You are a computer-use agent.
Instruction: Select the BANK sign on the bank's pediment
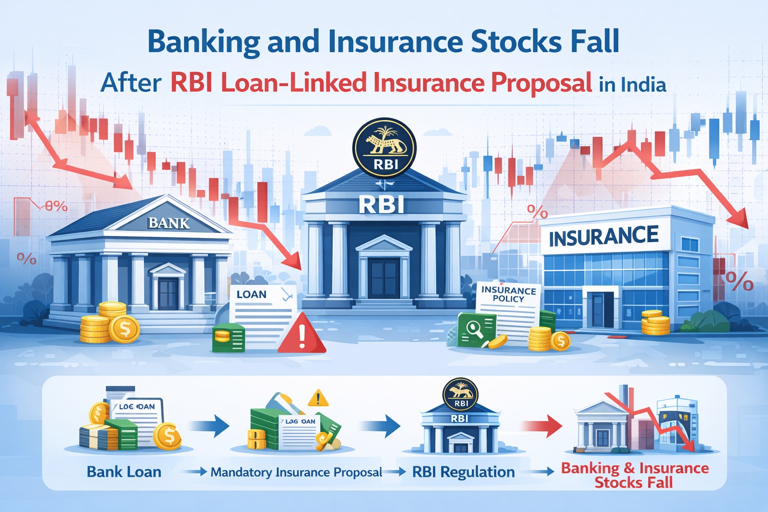[169, 223]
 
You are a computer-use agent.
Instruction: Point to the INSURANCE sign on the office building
[603, 236]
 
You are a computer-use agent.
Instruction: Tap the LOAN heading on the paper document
[251, 294]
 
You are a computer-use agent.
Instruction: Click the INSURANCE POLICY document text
[508, 294]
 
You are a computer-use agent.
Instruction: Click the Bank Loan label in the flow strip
[124, 472]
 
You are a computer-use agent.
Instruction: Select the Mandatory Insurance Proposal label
[296, 472]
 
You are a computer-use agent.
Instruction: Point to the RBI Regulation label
[463, 472]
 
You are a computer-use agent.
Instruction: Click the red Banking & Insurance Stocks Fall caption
[634, 475]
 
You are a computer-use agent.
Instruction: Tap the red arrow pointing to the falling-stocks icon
[541, 425]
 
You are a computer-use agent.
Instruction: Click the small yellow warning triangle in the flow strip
[318, 398]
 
